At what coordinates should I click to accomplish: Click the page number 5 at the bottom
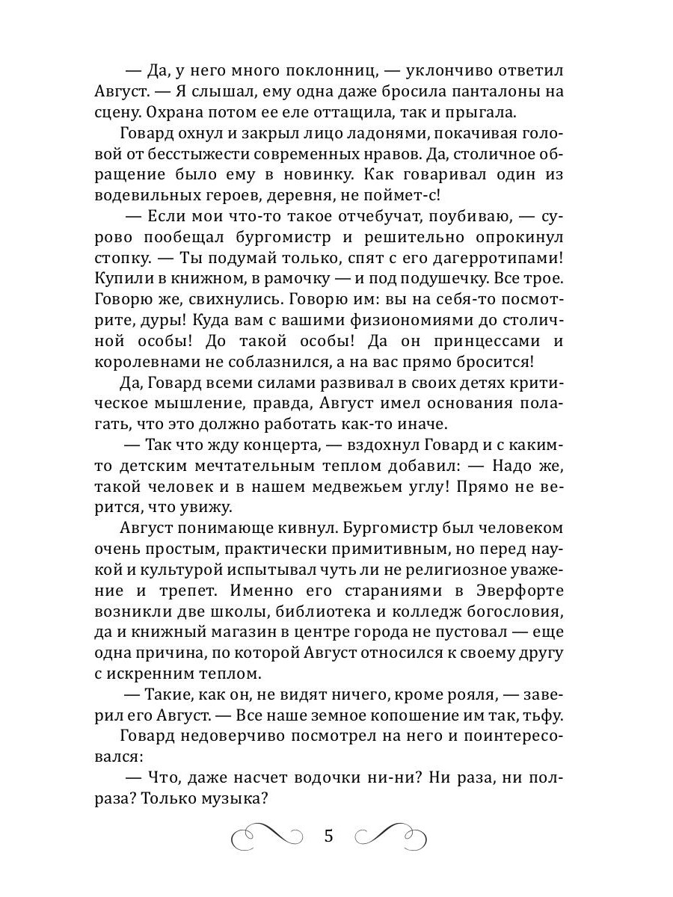(329, 834)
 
